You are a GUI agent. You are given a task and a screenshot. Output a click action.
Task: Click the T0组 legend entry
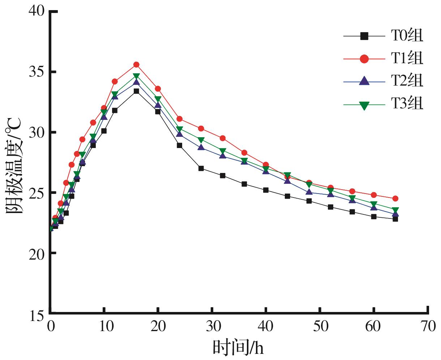click(x=406, y=36)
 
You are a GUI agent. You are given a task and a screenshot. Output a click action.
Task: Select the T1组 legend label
click(x=406, y=59)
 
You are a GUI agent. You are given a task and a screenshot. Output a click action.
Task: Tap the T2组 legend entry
click(x=406, y=82)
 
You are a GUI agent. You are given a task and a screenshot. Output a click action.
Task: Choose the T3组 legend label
click(x=406, y=105)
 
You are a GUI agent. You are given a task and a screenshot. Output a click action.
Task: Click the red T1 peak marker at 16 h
click(x=136, y=65)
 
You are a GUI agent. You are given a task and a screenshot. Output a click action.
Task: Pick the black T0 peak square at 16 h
click(x=136, y=91)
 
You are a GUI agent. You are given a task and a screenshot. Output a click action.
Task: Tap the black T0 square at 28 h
click(x=201, y=168)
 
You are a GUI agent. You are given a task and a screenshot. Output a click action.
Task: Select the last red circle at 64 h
click(x=395, y=199)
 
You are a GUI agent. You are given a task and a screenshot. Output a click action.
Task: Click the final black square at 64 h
click(x=395, y=219)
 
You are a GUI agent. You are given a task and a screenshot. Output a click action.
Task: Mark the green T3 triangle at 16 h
click(x=136, y=76)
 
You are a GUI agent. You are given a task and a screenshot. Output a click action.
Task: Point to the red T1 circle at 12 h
click(x=115, y=82)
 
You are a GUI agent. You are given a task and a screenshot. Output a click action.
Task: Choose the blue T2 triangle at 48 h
click(x=309, y=192)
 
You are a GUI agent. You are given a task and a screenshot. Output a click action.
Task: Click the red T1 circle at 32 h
click(x=223, y=138)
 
